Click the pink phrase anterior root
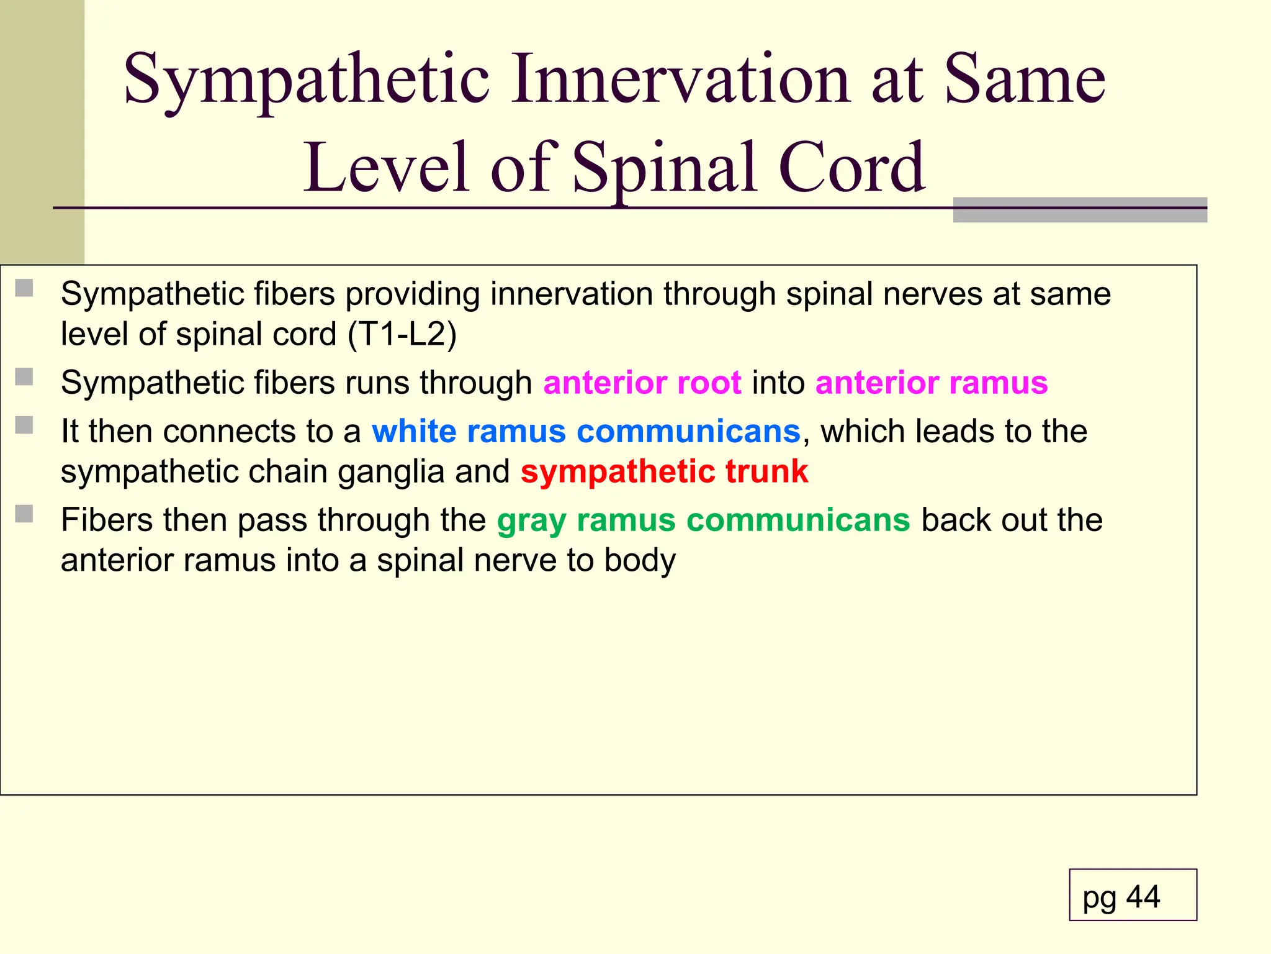coord(642,383)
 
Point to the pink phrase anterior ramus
coord(932,383)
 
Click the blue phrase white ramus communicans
coord(586,431)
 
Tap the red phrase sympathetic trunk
coord(664,471)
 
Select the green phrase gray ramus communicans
coord(703,520)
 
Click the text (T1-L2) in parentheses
coord(402,334)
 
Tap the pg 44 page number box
coord(1133,895)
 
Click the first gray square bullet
coord(24,288)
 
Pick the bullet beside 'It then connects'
coord(24,425)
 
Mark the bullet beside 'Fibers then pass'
coord(24,514)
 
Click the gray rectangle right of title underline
coord(1080,210)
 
